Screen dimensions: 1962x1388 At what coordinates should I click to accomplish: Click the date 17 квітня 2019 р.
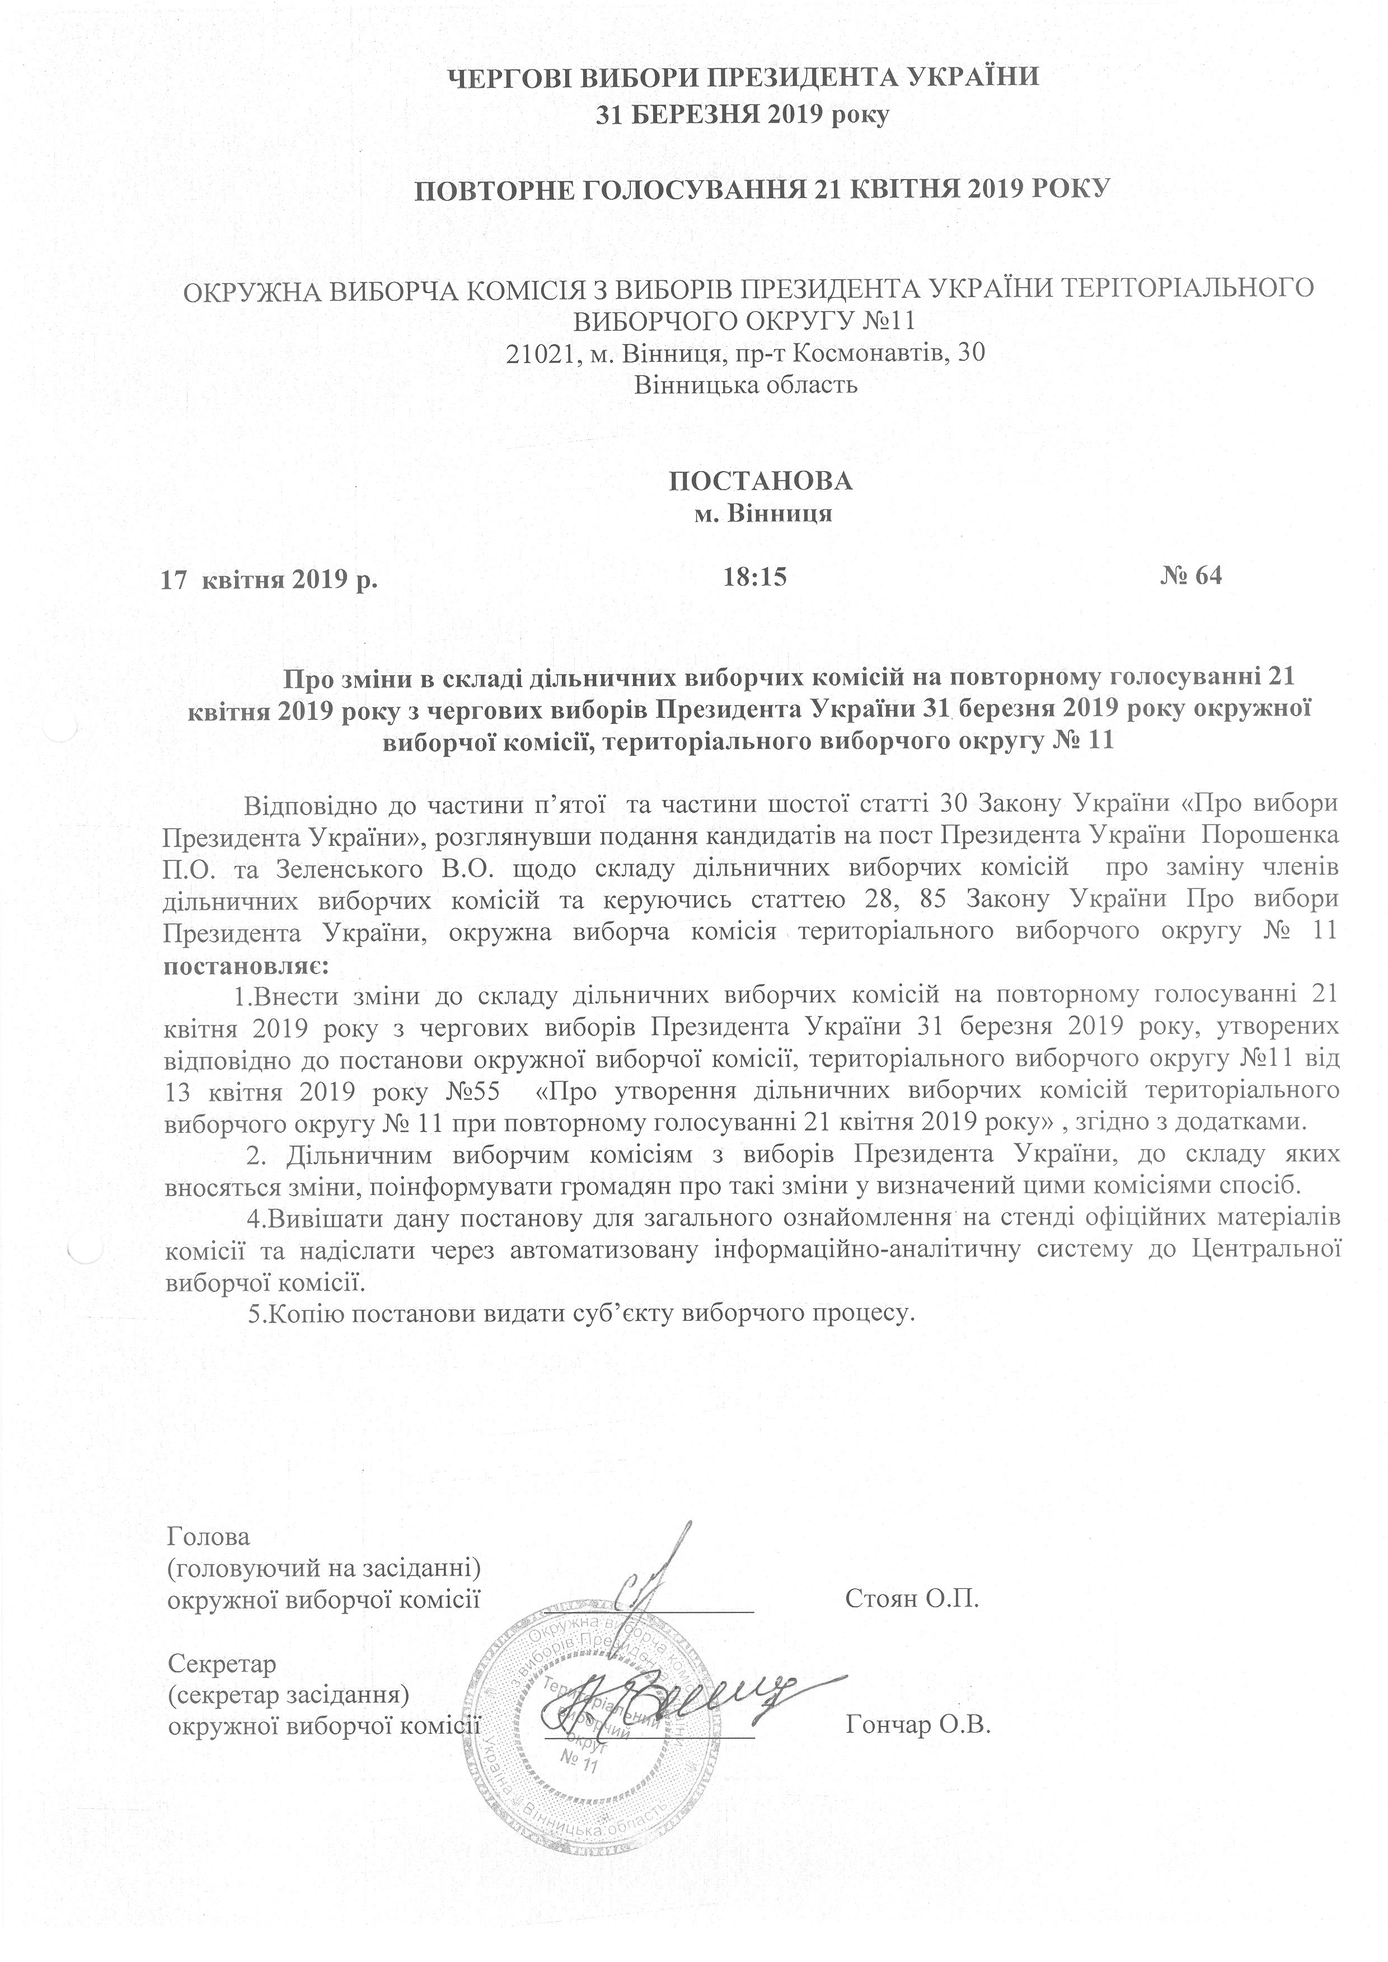click(270, 580)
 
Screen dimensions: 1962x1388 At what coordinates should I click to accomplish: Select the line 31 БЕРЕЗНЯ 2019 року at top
click(744, 113)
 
